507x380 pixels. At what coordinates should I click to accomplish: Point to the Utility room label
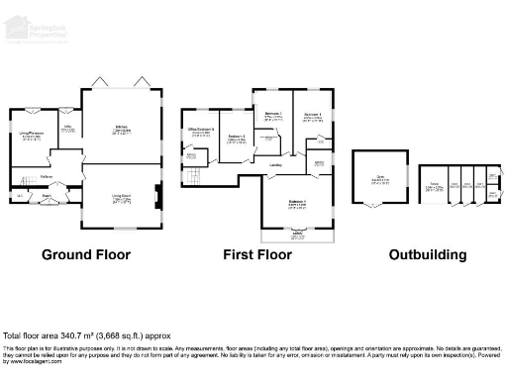click(x=69, y=128)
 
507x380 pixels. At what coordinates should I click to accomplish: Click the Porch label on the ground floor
click(x=46, y=196)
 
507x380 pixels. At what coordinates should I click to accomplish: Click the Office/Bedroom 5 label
click(x=202, y=131)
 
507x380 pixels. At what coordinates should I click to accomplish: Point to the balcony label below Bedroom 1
click(x=298, y=236)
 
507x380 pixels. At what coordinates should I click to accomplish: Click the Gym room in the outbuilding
click(x=379, y=179)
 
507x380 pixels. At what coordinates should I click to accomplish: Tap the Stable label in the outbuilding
click(x=433, y=185)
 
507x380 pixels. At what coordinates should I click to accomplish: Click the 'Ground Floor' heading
click(x=86, y=254)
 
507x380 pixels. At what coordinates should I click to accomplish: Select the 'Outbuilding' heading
click(x=427, y=254)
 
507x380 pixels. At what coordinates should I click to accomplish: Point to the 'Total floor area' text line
click(x=78, y=335)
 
